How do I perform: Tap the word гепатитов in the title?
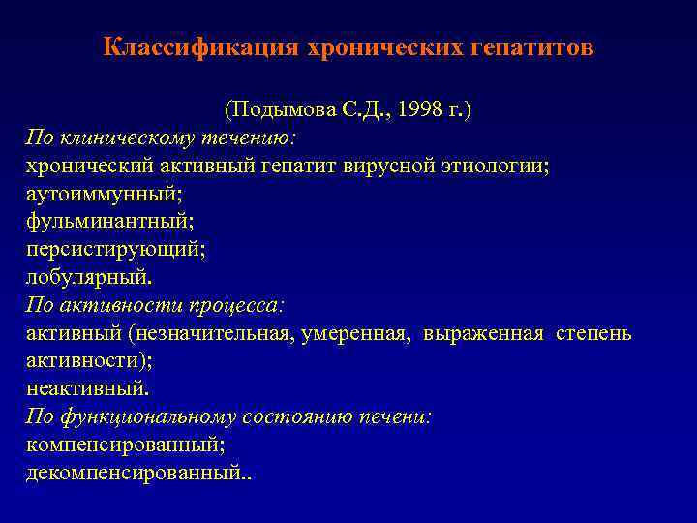(531, 47)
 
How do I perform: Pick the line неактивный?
(87, 388)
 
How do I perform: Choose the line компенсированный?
(126, 445)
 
